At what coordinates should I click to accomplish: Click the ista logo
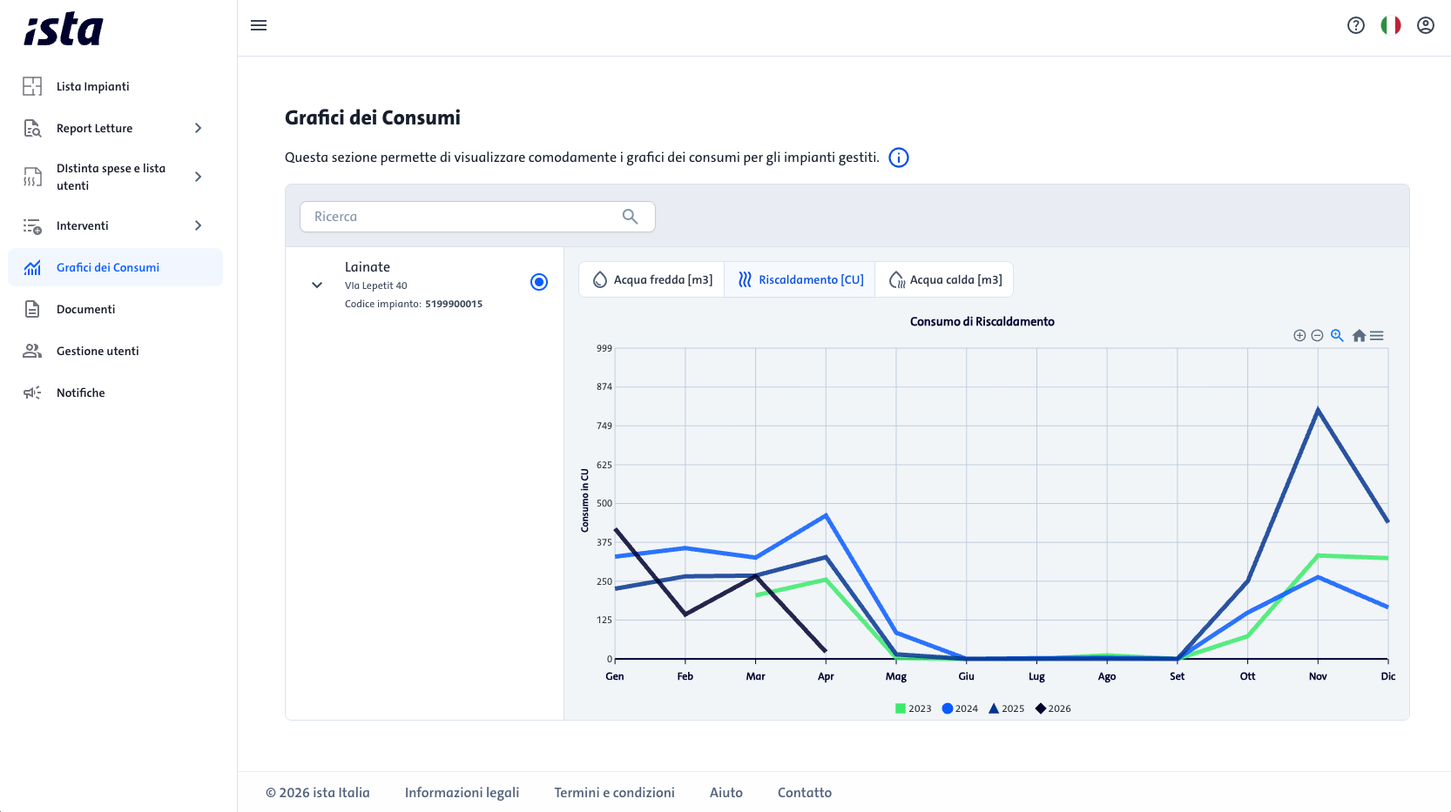tap(64, 29)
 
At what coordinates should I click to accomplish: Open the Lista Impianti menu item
tap(92, 86)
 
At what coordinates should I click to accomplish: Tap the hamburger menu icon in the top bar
tap(259, 25)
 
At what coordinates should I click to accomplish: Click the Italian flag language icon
tap(1390, 25)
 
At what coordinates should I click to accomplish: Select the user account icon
tap(1425, 25)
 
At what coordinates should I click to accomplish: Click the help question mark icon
tap(1356, 25)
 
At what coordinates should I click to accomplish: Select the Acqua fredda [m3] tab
tap(652, 279)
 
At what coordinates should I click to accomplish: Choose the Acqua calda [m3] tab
tap(944, 279)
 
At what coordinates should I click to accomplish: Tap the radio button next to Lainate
tap(539, 282)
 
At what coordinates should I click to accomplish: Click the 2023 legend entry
tap(913, 708)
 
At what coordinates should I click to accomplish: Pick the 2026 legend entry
tap(1053, 708)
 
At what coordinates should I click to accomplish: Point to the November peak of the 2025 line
tap(1318, 408)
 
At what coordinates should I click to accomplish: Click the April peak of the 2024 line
tap(826, 514)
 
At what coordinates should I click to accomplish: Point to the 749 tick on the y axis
tap(604, 426)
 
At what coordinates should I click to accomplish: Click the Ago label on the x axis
tap(1106, 676)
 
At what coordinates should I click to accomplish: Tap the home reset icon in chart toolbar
tap(1359, 335)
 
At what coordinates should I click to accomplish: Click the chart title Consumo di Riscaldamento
tap(982, 322)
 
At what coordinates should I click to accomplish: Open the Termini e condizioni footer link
tap(614, 793)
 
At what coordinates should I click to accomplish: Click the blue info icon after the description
tap(899, 158)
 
